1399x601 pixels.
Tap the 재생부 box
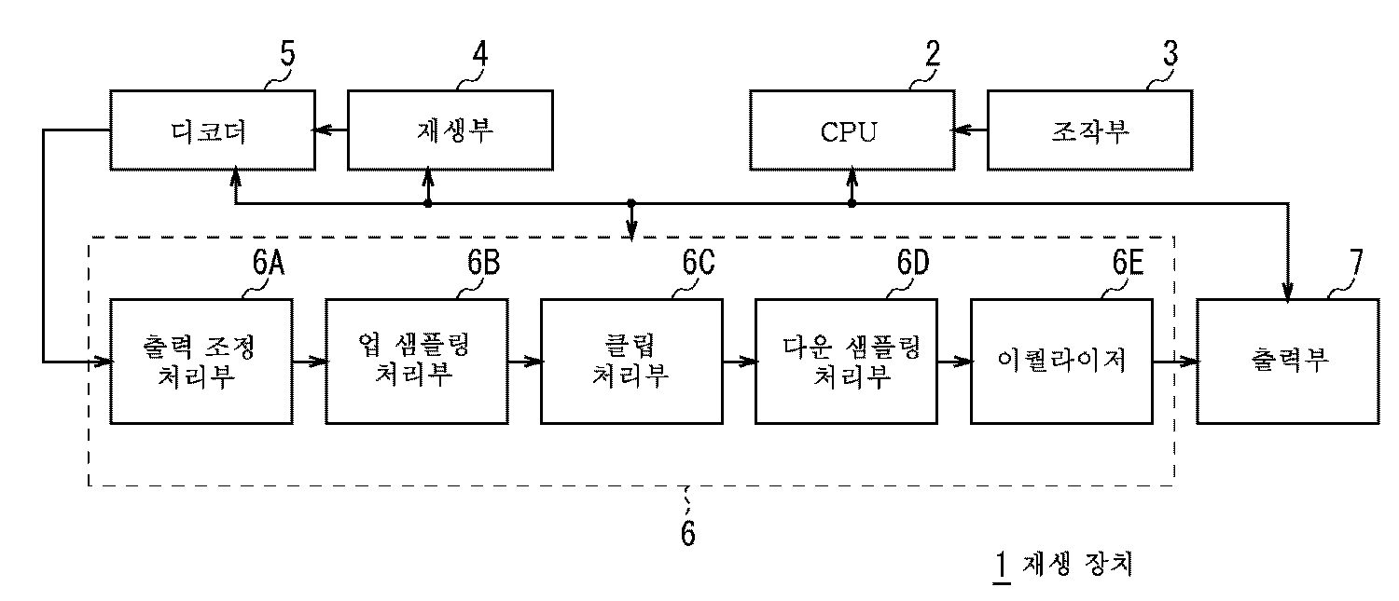click(450, 130)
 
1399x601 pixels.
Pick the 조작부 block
click(1088, 130)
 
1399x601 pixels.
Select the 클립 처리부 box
click(630, 362)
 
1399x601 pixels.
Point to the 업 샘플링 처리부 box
click(417, 362)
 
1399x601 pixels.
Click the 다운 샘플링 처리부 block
click(846, 362)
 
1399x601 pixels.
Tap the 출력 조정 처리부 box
click(201, 362)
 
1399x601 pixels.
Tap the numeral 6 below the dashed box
click(687, 535)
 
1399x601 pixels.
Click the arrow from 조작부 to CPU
click(968, 131)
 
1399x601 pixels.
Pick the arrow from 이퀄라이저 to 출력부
click(1175, 362)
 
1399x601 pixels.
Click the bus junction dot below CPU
click(852, 202)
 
